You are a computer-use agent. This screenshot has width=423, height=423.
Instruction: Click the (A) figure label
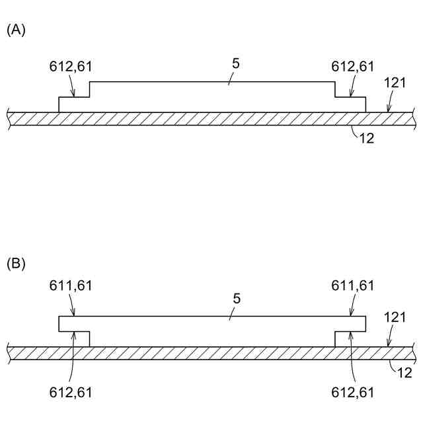coord(16,30)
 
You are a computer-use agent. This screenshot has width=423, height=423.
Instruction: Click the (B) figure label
coord(16,264)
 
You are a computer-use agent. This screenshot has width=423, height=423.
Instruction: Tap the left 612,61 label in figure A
coord(71,66)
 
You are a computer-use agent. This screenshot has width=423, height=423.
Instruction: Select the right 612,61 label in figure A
coord(352,66)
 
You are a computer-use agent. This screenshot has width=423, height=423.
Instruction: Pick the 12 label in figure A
coord(367,139)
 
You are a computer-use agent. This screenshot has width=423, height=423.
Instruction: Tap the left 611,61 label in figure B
coord(71,286)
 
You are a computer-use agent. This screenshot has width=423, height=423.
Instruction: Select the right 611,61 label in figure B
coord(352,286)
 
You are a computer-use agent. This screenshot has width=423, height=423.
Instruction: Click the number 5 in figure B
coord(236,299)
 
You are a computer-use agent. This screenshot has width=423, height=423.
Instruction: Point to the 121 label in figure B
coord(395,318)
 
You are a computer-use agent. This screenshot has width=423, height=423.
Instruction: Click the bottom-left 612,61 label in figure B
coord(71,393)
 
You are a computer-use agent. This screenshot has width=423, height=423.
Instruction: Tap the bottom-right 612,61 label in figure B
coord(352,393)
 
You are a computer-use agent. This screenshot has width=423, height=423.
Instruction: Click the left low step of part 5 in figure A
coord(74,105)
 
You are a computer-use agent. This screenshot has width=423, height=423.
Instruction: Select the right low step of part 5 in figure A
coord(350,105)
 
